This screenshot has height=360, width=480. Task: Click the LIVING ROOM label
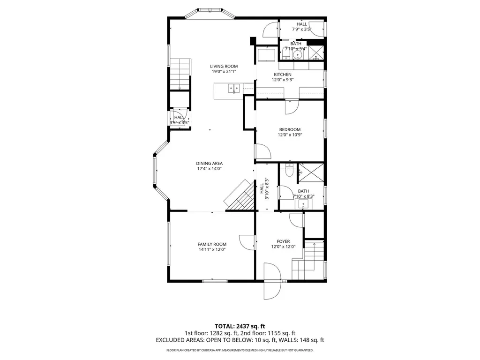tap(224, 66)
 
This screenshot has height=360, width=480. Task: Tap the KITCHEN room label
tap(283, 75)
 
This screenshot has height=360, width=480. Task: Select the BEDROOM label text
tap(290, 129)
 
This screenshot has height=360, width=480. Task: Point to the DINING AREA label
tap(210, 164)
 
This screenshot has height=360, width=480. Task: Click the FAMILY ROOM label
tap(212, 244)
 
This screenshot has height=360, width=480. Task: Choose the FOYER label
tap(283, 241)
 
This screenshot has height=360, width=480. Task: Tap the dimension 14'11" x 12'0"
tap(212, 249)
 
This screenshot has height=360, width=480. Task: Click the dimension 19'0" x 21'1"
tap(224, 72)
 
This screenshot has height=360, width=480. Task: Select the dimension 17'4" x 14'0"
tap(210, 169)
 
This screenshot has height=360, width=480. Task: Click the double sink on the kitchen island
tap(233, 89)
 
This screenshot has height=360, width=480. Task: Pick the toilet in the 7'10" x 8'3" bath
tap(289, 170)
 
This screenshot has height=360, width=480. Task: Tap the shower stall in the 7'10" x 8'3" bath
tap(311, 172)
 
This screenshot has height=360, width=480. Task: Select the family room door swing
tap(247, 242)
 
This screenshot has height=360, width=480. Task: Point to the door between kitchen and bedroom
tap(292, 107)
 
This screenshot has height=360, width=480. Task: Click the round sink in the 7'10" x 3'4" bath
tap(297, 55)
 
